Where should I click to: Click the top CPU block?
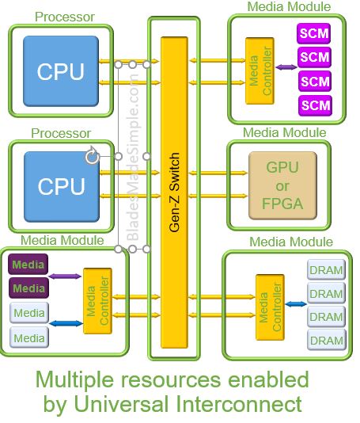pyautogui.click(x=61, y=71)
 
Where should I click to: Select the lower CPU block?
pyautogui.click(x=62, y=187)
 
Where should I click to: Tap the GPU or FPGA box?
pyautogui.click(x=282, y=185)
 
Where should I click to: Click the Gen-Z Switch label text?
pyautogui.click(x=174, y=192)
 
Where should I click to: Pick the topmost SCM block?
pyautogui.click(x=313, y=33)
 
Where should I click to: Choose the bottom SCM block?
pyautogui.click(x=315, y=105)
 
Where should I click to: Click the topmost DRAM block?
pyautogui.click(x=326, y=269)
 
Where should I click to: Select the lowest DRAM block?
pyautogui.click(x=327, y=340)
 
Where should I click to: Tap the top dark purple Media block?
pyautogui.click(x=28, y=264)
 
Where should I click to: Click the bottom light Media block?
pyautogui.click(x=29, y=337)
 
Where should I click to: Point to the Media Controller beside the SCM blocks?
pyautogui.click(x=260, y=71)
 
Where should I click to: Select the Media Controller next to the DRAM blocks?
pyautogui.click(x=270, y=307)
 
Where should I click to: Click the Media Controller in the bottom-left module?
pyautogui.click(x=97, y=301)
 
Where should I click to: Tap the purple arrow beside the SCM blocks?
pyautogui.click(x=286, y=67)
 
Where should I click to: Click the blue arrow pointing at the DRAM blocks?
pyautogui.click(x=296, y=304)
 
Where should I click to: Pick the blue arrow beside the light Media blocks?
pyautogui.click(x=66, y=323)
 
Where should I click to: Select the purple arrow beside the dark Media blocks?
pyautogui.click(x=65, y=276)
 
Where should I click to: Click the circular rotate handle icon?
pyautogui.click(x=92, y=155)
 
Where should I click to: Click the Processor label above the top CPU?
pyautogui.click(x=65, y=17)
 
